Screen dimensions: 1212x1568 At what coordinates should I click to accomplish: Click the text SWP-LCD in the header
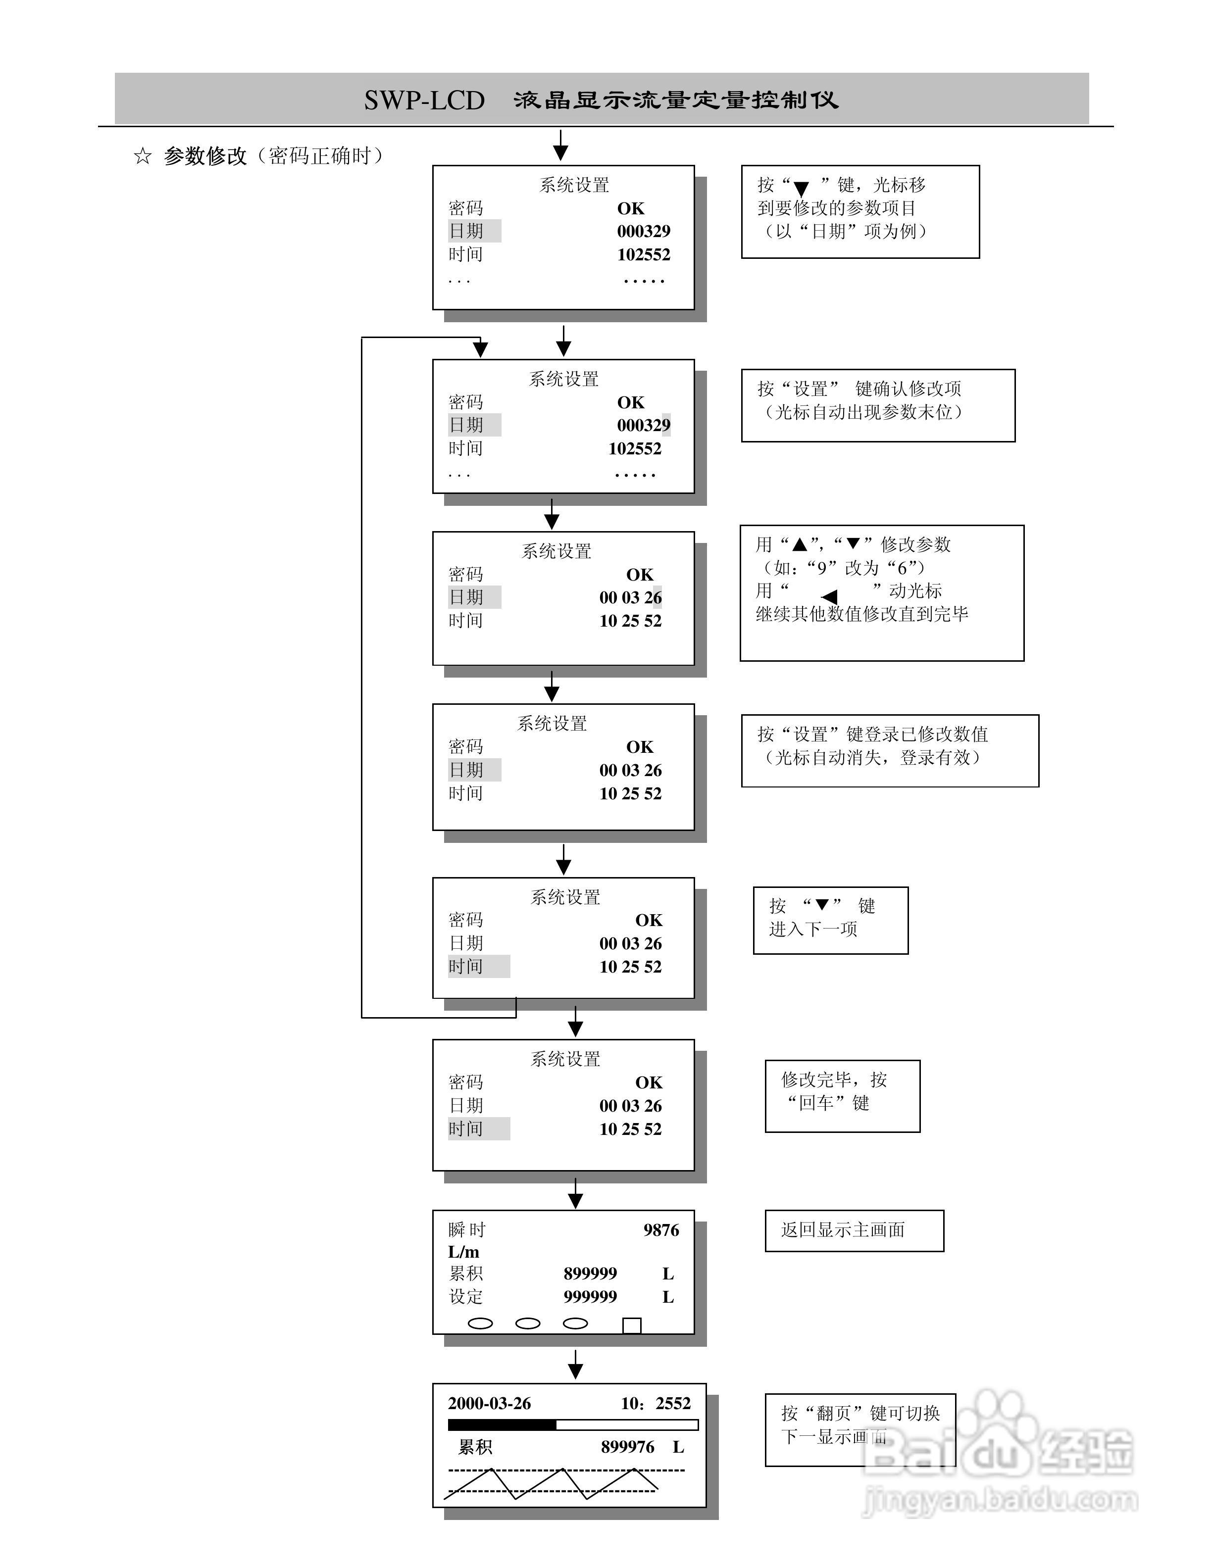click(424, 100)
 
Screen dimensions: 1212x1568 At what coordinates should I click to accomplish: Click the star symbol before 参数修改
click(143, 156)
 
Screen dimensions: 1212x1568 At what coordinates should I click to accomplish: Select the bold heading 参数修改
click(205, 156)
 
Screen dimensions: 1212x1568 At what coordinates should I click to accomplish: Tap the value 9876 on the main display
click(660, 1230)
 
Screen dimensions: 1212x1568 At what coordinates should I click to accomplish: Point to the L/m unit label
click(464, 1252)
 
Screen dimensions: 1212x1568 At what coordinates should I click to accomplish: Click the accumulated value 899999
click(590, 1274)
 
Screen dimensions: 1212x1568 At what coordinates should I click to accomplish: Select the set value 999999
click(590, 1297)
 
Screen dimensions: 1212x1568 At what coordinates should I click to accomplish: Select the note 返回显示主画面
click(843, 1230)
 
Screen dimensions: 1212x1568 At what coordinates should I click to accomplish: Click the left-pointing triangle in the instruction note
click(829, 596)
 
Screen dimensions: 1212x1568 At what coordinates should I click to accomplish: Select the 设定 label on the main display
click(466, 1297)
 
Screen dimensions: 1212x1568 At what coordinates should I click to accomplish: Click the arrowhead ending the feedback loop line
click(480, 349)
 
